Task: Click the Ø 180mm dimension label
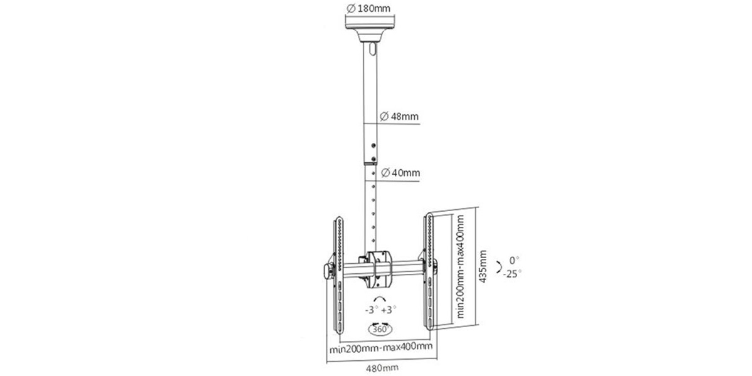pyautogui.click(x=368, y=8)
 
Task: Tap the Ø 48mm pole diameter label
pyautogui.click(x=399, y=117)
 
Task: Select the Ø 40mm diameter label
pyautogui.click(x=400, y=173)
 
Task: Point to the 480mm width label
pyautogui.click(x=382, y=368)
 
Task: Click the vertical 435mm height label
pyautogui.click(x=483, y=266)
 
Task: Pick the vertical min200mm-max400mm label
pyautogui.click(x=461, y=266)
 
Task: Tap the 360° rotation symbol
pyautogui.click(x=380, y=329)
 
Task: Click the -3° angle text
pyautogui.click(x=372, y=310)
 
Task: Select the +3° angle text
pyautogui.click(x=389, y=310)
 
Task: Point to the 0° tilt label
pyautogui.click(x=514, y=260)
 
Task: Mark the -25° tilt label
pyautogui.click(x=513, y=274)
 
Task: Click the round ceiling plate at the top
pyautogui.click(x=370, y=28)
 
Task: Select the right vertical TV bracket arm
pyautogui.click(x=429, y=271)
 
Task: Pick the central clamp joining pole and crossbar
pyautogui.click(x=378, y=269)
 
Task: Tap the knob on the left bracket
pyautogui.click(x=327, y=271)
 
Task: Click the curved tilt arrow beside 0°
pyautogui.click(x=499, y=267)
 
